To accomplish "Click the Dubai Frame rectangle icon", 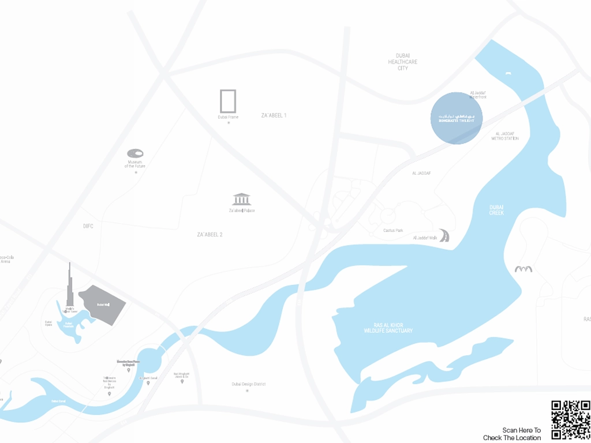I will click(x=228, y=101).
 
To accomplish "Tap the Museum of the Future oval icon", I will click(x=135, y=153).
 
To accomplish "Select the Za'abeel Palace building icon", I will click(x=242, y=199).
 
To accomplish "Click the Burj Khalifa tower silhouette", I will click(x=70, y=288).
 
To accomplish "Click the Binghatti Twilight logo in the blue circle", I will click(x=457, y=118).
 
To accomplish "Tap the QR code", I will click(x=570, y=419).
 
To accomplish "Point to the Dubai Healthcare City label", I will click(x=403, y=62).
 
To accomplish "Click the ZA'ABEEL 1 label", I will click(x=274, y=115).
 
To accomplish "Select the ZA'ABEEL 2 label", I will click(x=210, y=235).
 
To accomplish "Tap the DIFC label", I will click(x=88, y=226).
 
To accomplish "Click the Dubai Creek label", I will click(x=496, y=210).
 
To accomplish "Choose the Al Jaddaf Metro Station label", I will click(x=505, y=136).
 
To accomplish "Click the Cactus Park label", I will click(x=393, y=230).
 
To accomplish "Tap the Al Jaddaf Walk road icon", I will click(x=444, y=236).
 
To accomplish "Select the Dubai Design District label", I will click(x=248, y=384).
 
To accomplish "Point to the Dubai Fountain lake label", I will click(x=68, y=324).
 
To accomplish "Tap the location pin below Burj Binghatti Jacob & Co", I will click(x=182, y=381).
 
